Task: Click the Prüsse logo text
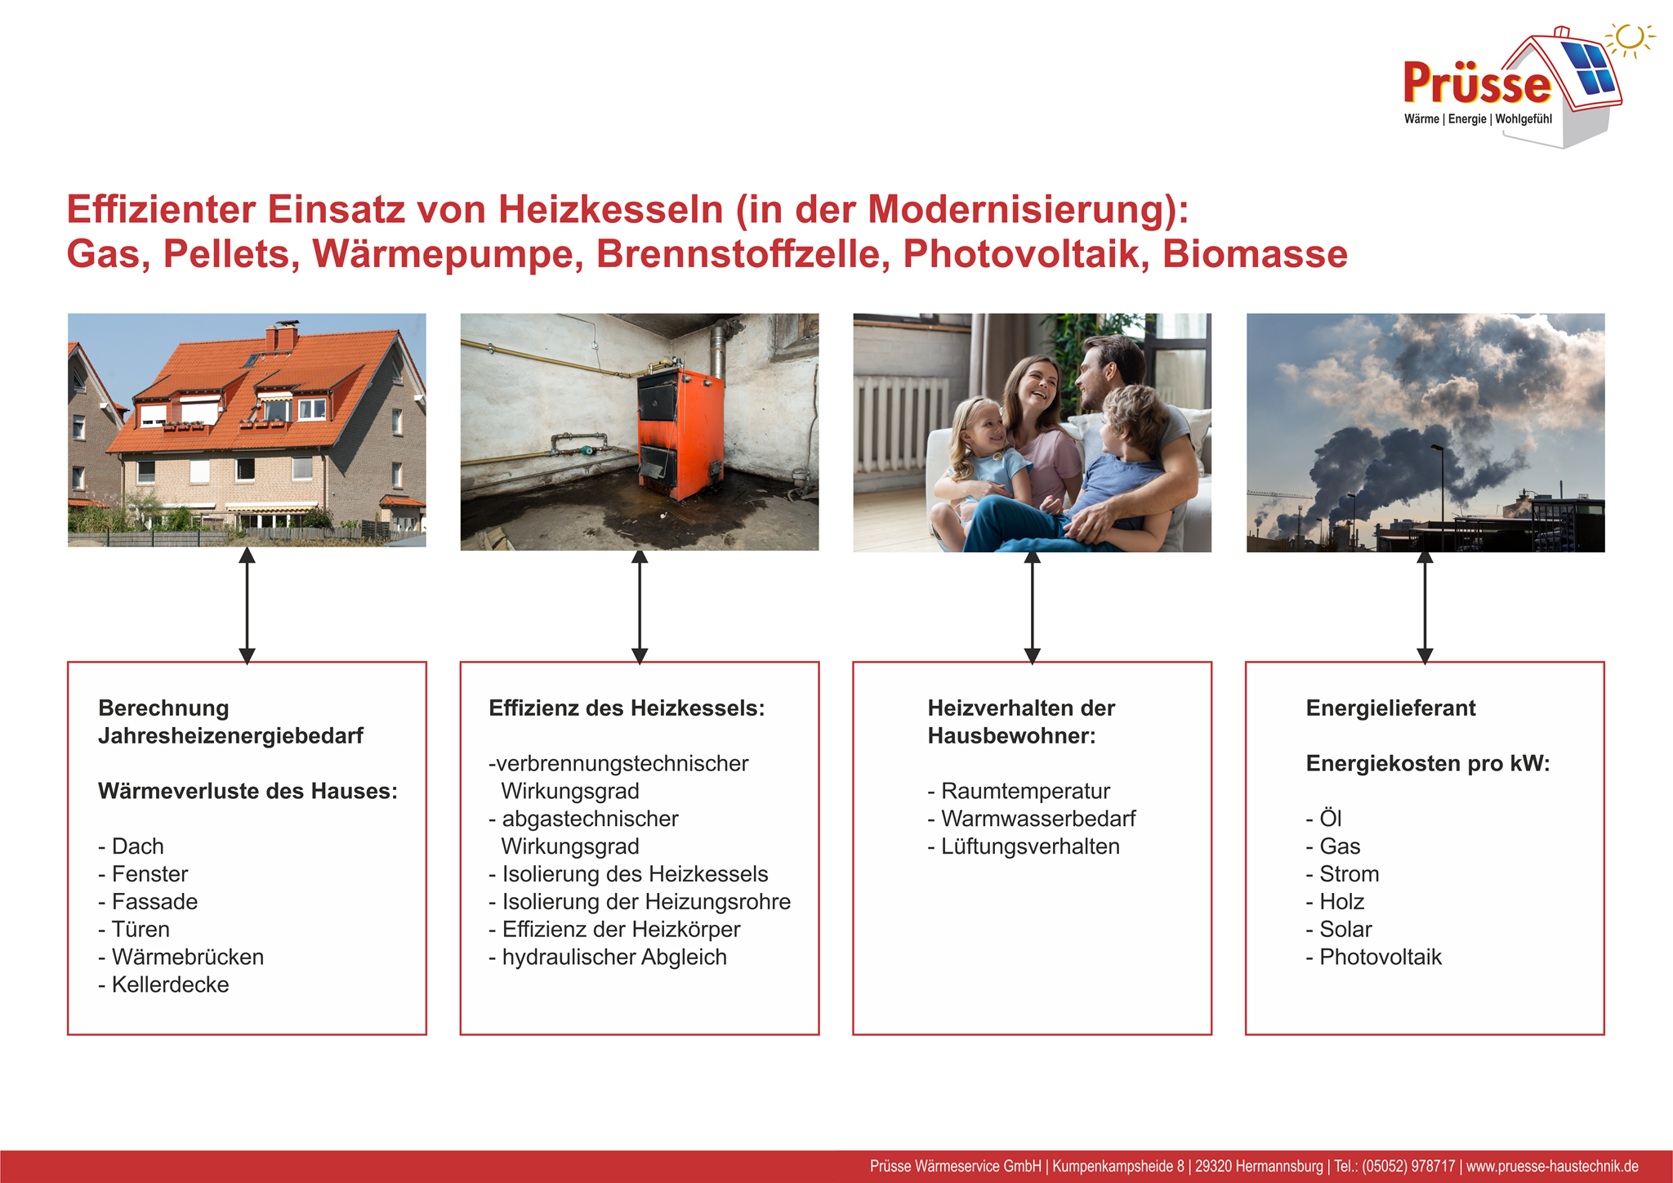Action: [1477, 84]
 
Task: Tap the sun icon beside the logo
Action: [1630, 38]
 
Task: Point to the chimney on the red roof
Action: [281, 337]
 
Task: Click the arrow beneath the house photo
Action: [247, 605]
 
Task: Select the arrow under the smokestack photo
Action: [1425, 605]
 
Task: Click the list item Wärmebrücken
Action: [187, 957]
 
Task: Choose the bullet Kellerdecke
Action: [170, 984]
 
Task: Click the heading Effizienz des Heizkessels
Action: [627, 708]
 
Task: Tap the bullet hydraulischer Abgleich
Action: [613, 957]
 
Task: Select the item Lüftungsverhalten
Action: [1029, 846]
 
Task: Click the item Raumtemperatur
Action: [1024, 791]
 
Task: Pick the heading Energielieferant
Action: [1390, 708]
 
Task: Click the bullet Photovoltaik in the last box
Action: [1380, 957]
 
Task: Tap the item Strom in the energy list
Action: [1349, 874]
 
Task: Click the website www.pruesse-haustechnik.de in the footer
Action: [1552, 1167]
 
